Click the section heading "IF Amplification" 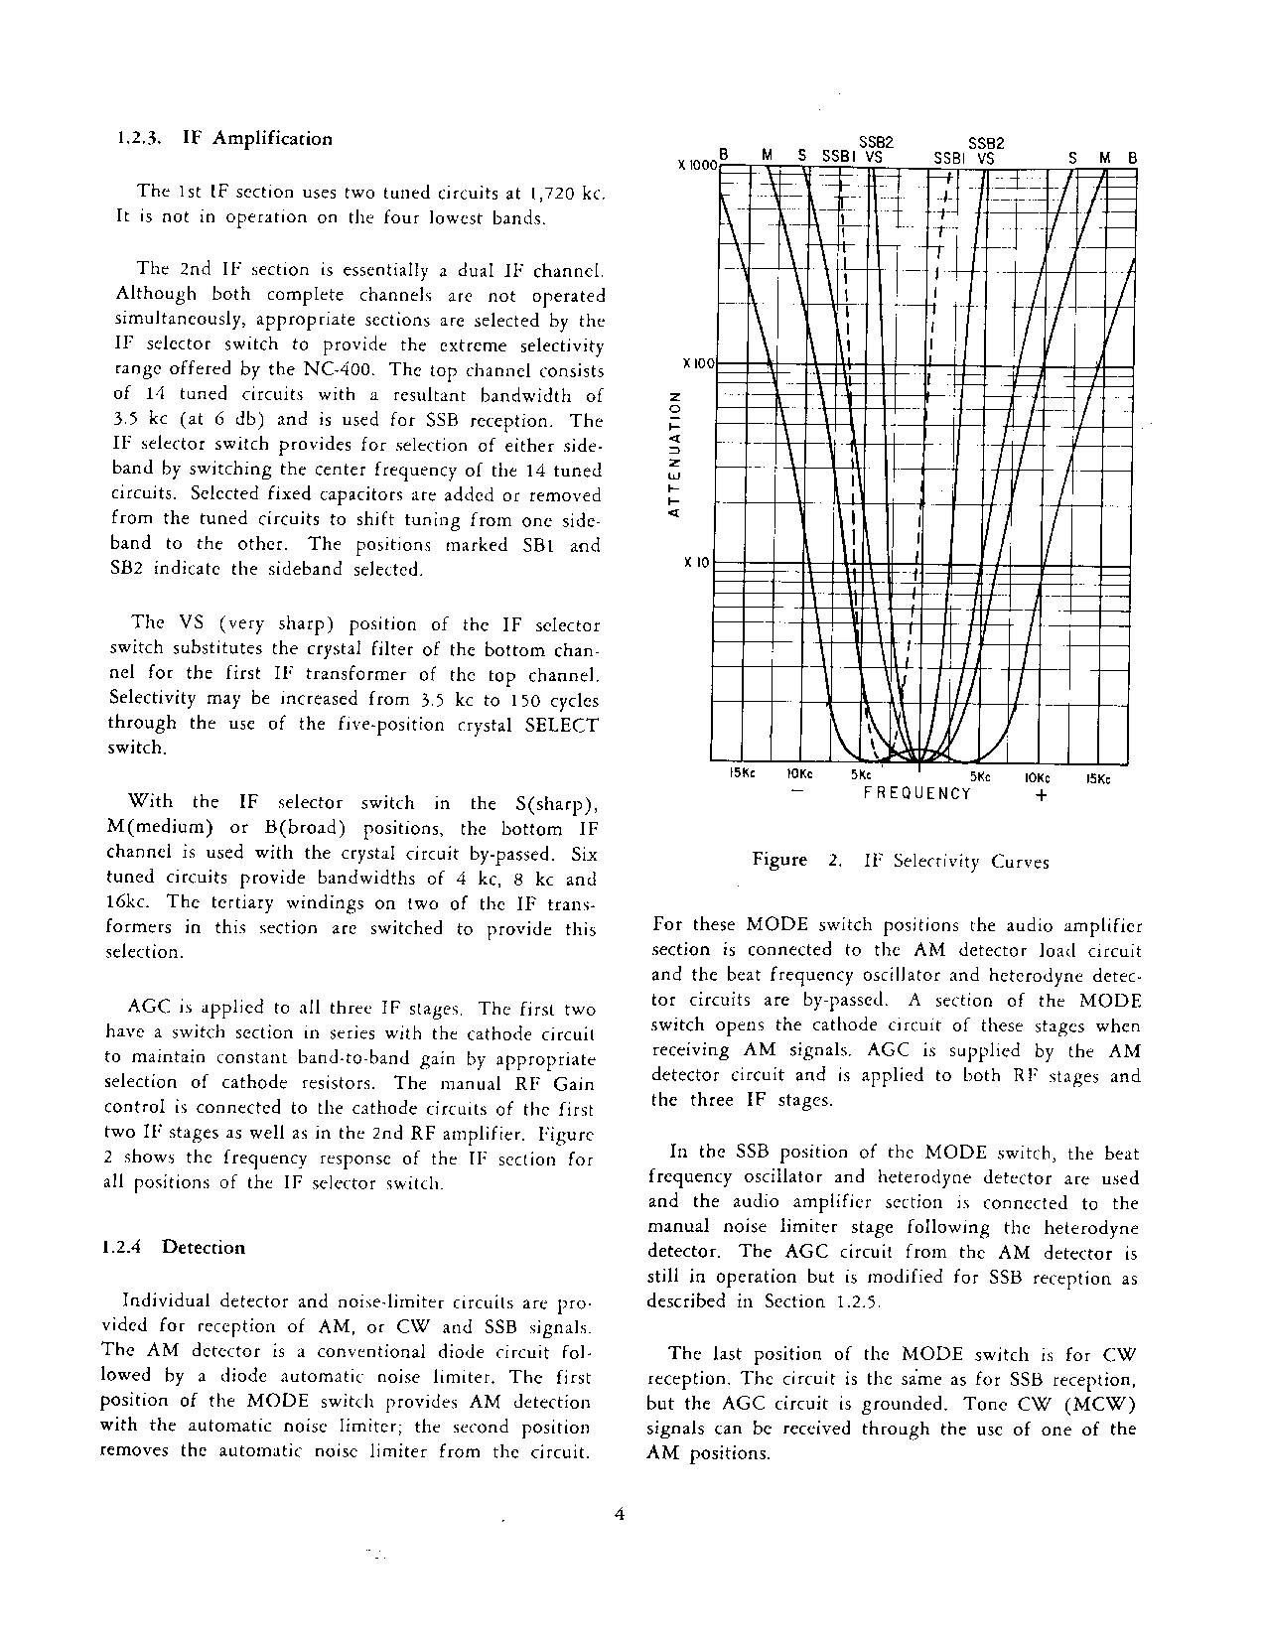click(x=257, y=139)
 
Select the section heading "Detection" click(x=203, y=1248)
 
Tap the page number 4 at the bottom click(x=620, y=1515)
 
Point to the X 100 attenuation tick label click(x=699, y=364)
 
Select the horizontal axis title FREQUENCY click(x=916, y=793)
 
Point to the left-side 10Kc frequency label click(x=799, y=775)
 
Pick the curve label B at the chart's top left click(x=724, y=155)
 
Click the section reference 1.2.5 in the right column click(x=858, y=1301)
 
